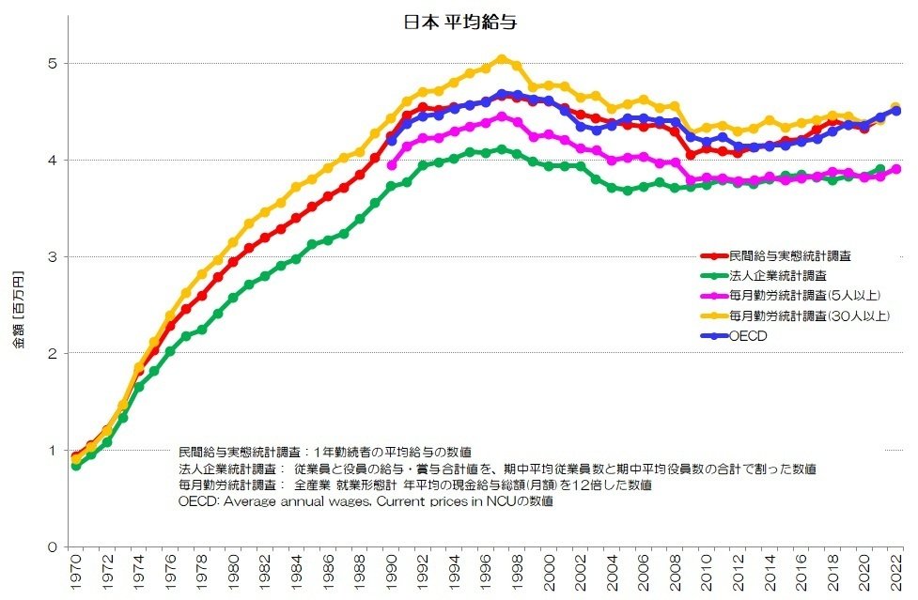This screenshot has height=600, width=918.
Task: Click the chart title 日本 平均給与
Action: coord(459,22)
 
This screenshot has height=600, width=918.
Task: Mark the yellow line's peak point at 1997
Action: coord(502,59)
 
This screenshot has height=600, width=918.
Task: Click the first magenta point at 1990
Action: coord(392,165)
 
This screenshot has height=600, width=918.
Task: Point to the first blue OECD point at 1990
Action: coord(392,141)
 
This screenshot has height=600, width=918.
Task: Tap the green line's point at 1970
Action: coord(76,466)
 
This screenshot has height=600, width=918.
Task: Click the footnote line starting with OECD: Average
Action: coord(366,502)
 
